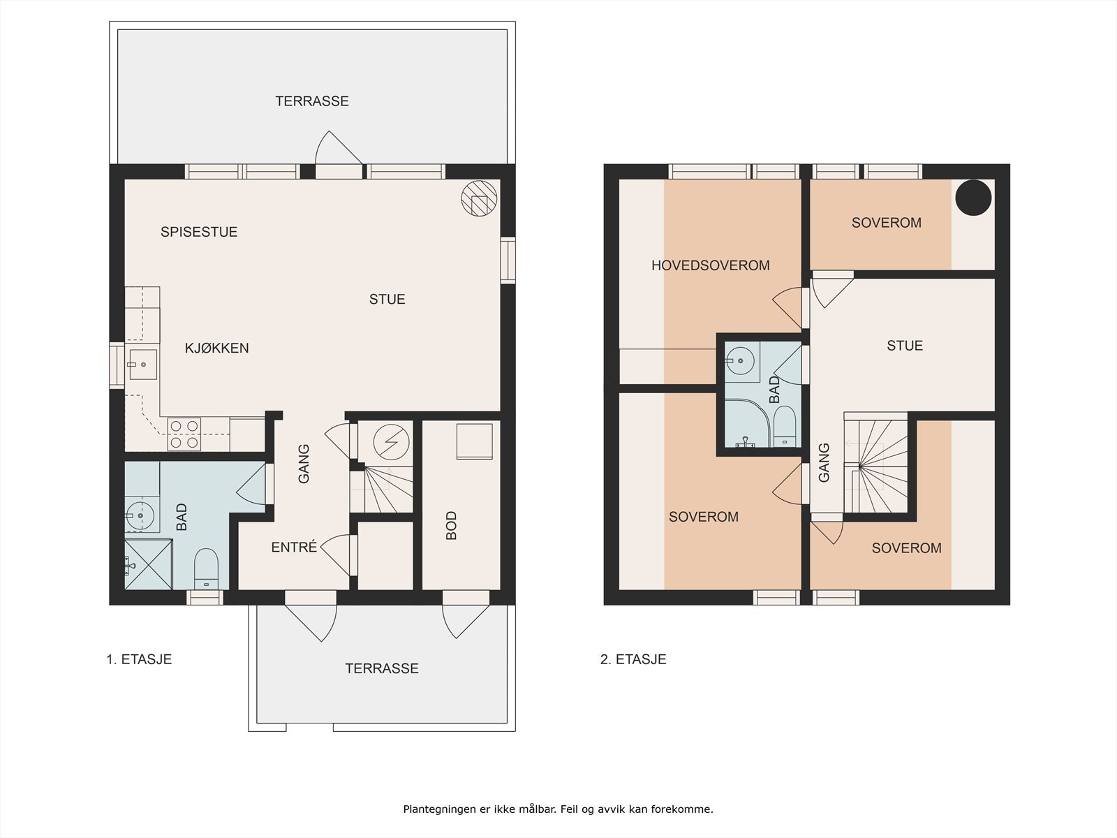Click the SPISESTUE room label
(x=199, y=232)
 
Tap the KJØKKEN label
(x=216, y=348)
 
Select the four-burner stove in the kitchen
(x=184, y=433)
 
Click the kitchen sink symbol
(x=142, y=365)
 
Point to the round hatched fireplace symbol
(x=480, y=198)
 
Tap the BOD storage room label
(x=451, y=525)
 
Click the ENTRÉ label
(x=294, y=547)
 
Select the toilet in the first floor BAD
(x=206, y=569)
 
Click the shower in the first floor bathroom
(x=148, y=564)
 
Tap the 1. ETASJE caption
(x=139, y=659)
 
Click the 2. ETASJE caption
(x=633, y=659)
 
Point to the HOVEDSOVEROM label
(x=710, y=265)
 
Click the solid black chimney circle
(x=973, y=198)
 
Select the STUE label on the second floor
(x=904, y=346)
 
